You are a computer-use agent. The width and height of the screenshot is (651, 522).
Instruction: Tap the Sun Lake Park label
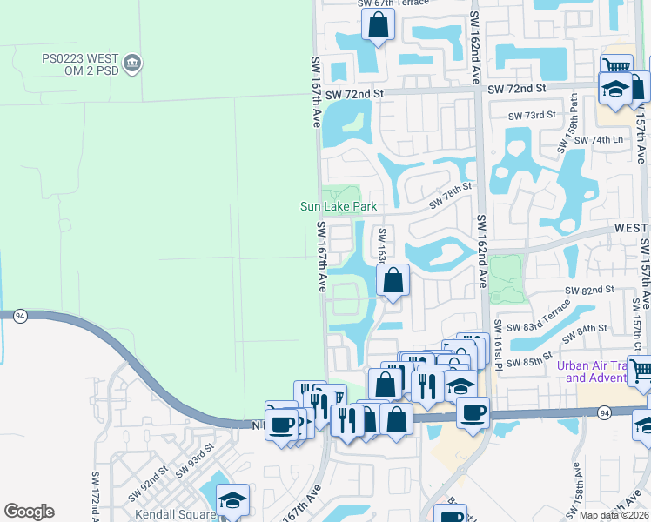click(x=339, y=207)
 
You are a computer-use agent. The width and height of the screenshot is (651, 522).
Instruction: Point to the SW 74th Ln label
click(x=607, y=139)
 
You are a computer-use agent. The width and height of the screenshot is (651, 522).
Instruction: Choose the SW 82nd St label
click(x=589, y=289)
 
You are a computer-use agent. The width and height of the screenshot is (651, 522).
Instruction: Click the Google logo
click(x=29, y=512)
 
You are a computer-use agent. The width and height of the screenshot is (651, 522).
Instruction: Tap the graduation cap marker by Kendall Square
click(x=232, y=499)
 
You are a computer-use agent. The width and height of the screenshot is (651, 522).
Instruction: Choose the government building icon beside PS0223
click(x=133, y=63)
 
